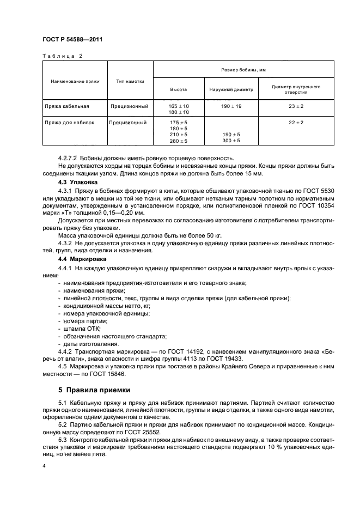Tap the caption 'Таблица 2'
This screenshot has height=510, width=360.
[x=62, y=56]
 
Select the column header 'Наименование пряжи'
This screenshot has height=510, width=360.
[x=75, y=81]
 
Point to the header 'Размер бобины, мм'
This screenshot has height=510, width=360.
[x=243, y=70]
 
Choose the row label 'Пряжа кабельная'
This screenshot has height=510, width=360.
[x=67, y=106]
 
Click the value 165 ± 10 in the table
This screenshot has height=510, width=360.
[x=178, y=105]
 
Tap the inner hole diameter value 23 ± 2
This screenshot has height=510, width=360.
[x=296, y=106]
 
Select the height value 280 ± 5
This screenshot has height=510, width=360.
[x=178, y=141]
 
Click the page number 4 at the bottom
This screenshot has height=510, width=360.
[x=44, y=466]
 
